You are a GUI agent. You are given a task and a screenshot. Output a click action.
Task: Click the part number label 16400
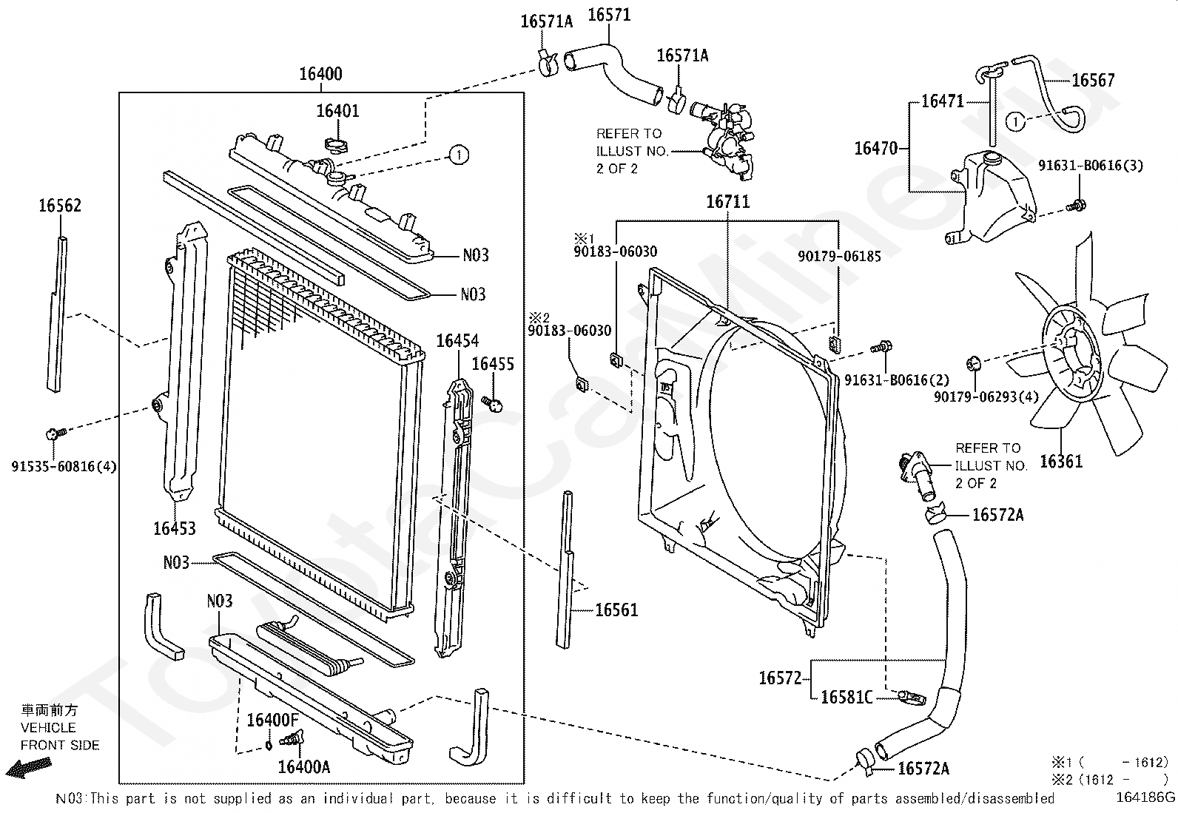point(320,74)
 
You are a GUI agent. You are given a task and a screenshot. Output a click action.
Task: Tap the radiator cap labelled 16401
point(337,144)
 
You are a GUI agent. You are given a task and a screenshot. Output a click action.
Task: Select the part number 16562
point(60,206)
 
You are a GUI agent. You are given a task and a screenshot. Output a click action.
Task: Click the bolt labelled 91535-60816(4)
point(54,433)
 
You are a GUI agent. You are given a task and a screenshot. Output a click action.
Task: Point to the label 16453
point(175,528)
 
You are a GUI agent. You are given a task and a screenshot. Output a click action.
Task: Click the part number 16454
point(457,341)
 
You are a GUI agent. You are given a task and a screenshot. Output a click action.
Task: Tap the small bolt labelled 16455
point(492,403)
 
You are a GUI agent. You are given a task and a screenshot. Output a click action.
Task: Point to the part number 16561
point(616,610)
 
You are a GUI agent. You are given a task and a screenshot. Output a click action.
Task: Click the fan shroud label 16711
point(727,201)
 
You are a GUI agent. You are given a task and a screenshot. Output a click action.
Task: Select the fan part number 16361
point(1060,462)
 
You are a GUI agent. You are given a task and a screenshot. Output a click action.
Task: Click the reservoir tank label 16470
point(876,148)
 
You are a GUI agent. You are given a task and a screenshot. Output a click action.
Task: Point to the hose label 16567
point(1093,80)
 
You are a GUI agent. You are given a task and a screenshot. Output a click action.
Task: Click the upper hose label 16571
point(609,14)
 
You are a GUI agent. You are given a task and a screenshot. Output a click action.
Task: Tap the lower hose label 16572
point(781,677)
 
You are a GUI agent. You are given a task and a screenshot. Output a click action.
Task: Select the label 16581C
point(847,697)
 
